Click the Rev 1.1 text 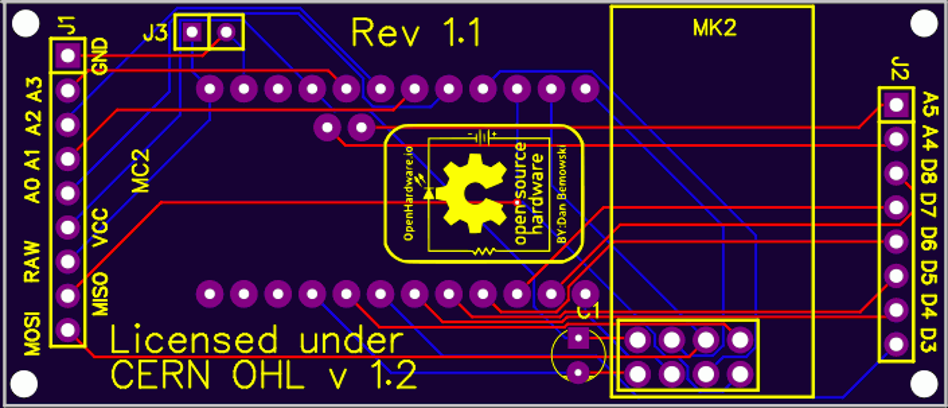(x=416, y=33)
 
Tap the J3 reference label (x=155, y=34)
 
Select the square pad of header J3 (x=192, y=32)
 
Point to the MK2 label (x=714, y=28)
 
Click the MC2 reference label (x=140, y=171)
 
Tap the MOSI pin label (x=32, y=333)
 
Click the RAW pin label (x=32, y=261)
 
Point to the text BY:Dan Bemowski (x=562, y=194)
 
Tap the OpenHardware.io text (x=409, y=193)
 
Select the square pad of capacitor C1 (x=578, y=339)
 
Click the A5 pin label (x=929, y=105)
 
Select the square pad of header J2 (x=896, y=105)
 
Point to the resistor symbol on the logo (x=484, y=252)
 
